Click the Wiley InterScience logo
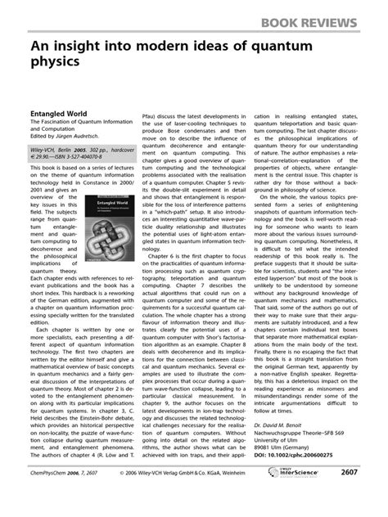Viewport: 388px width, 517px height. tap(298, 495)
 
